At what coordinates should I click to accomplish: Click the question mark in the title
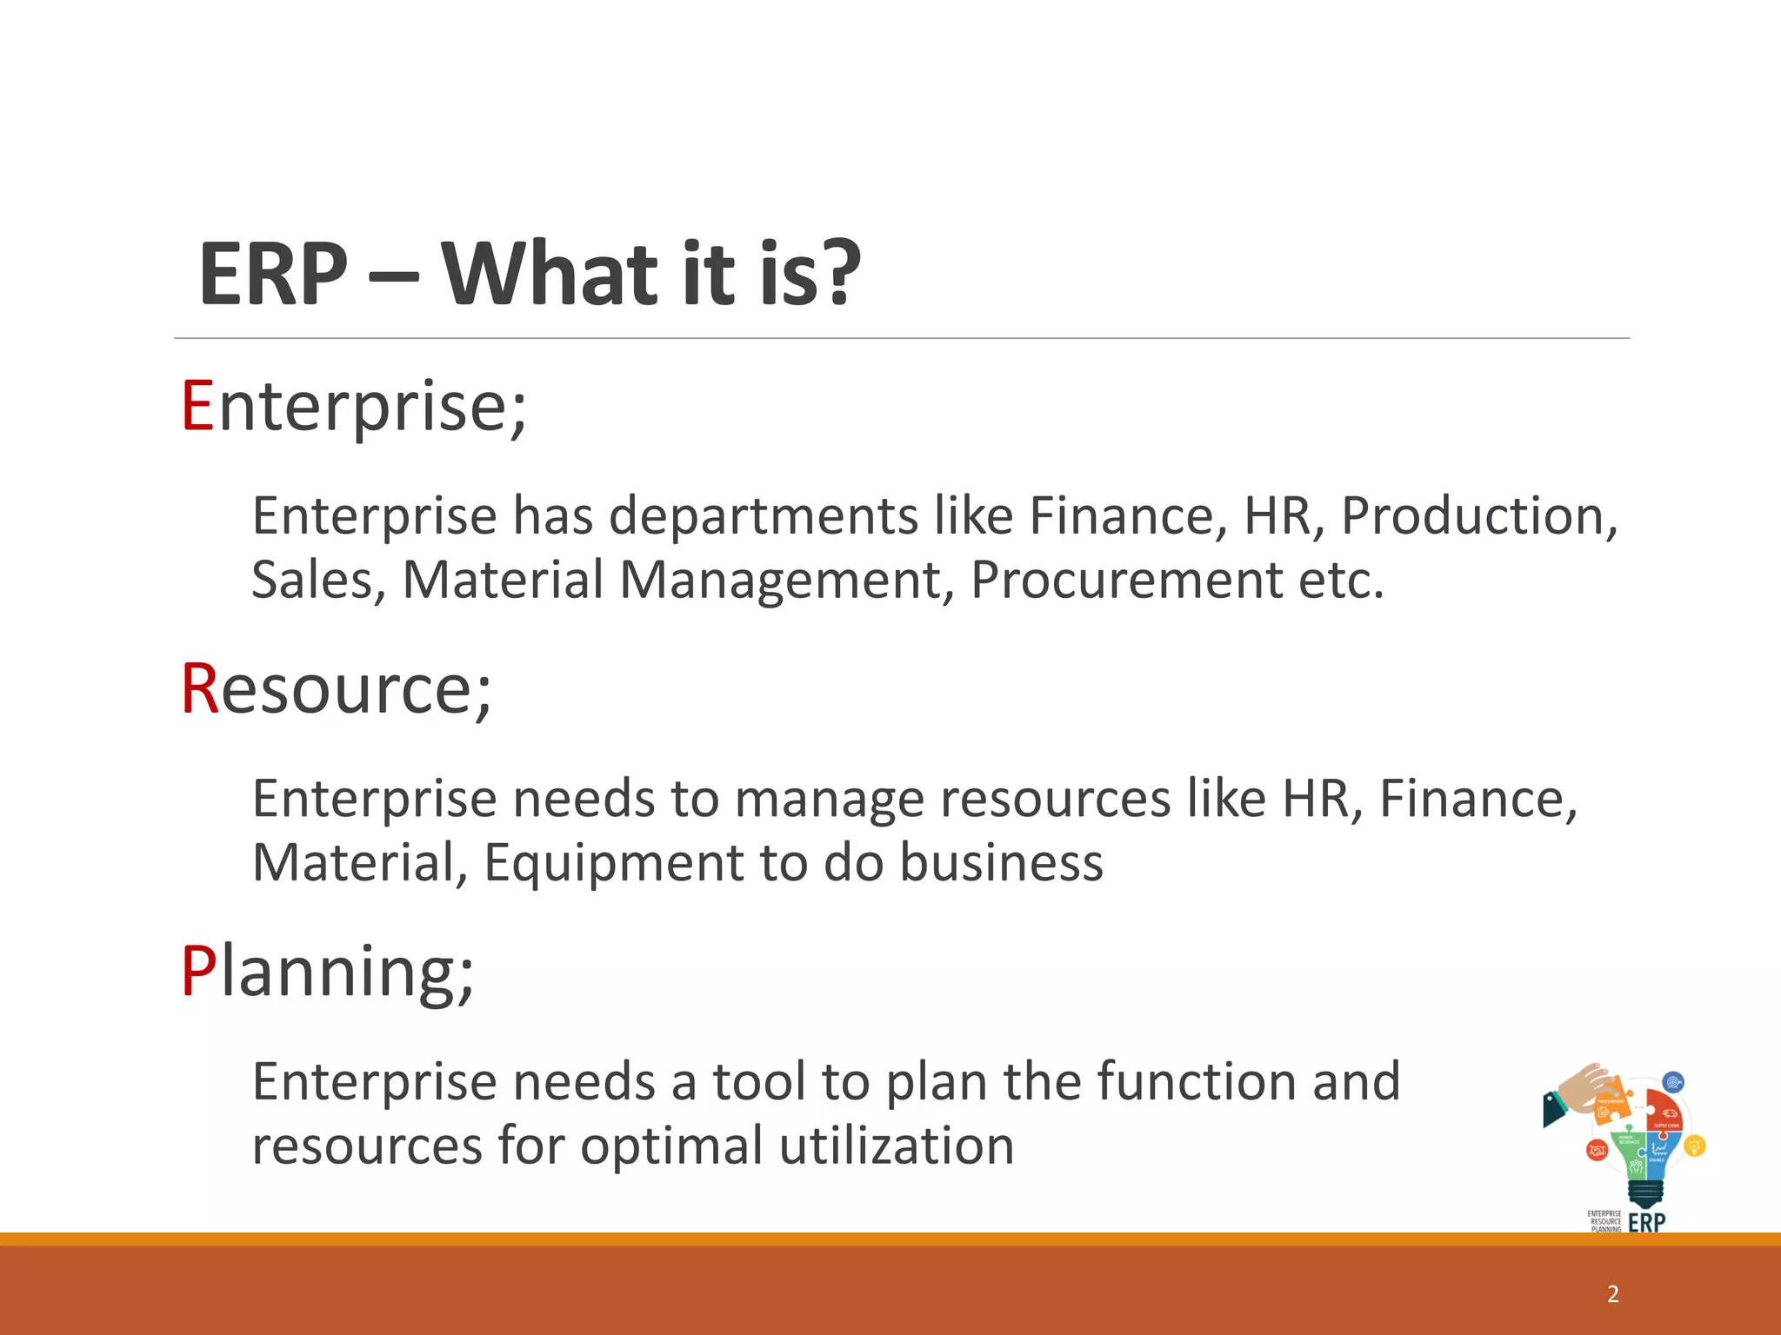coord(840,274)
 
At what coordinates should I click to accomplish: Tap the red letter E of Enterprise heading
coord(197,406)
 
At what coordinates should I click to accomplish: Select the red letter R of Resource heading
coord(199,688)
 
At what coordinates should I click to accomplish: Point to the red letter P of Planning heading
coord(197,971)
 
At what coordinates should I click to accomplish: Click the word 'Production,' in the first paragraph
coord(1478,515)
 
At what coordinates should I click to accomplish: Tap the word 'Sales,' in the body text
coord(318,580)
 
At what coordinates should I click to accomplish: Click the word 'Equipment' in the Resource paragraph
coord(613,862)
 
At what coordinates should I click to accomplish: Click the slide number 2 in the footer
coord(1613,1294)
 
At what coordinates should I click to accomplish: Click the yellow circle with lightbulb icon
coord(1694,1146)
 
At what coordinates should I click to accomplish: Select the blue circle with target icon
coord(1672,1083)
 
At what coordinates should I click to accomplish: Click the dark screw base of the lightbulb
coord(1645,1194)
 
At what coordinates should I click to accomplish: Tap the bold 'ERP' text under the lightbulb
coord(1646,1223)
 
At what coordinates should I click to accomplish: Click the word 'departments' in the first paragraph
coord(763,515)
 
